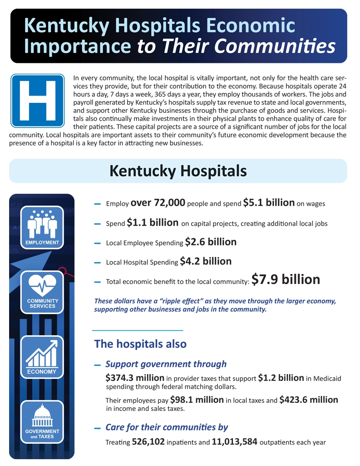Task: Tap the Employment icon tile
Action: click(42, 227)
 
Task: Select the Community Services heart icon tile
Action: click(42, 292)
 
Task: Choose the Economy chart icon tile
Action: click(42, 357)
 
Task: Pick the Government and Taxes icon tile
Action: click(42, 422)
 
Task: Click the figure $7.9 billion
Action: click(286, 279)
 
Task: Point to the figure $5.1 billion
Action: click(269, 203)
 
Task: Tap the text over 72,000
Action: click(157, 203)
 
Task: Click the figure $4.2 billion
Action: click(206, 261)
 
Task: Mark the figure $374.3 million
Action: click(135, 378)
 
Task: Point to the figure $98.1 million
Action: click(197, 400)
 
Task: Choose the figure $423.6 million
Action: click(309, 400)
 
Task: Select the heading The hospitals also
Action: click(140, 344)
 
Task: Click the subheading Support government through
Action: click(166, 364)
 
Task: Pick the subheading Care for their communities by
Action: click(167, 427)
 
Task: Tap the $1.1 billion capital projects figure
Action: click(152, 223)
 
